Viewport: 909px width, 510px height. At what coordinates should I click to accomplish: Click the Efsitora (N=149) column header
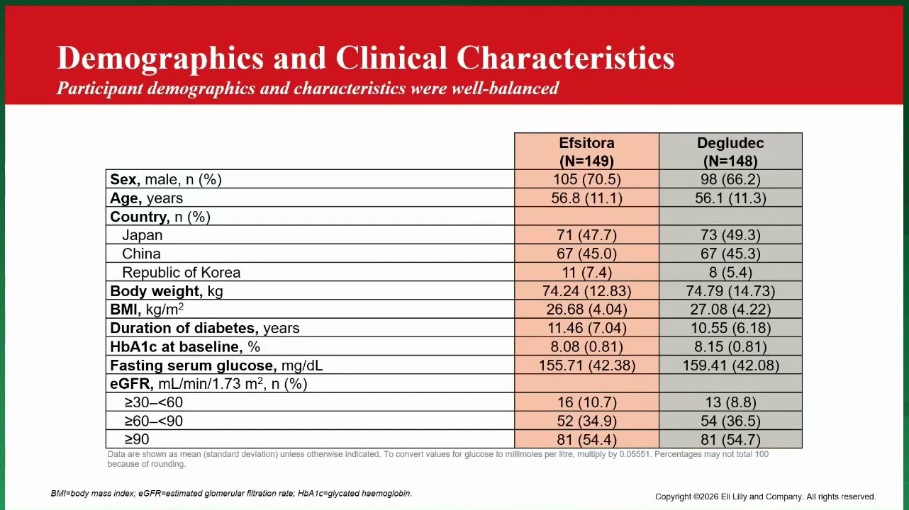click(x=586, y=152)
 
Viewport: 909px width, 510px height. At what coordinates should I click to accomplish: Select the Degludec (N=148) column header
click(x=730, y=152)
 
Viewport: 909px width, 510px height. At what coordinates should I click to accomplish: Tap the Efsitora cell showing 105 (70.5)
click(x=587, y=179)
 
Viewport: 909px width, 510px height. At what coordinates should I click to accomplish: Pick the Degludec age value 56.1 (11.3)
click(x=730, y=198)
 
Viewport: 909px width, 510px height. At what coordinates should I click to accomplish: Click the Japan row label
click(x=142, y=235)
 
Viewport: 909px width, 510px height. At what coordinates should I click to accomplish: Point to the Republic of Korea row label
click(x=181, y=273)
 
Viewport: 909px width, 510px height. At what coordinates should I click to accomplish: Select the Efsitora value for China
click(x=587, y=254)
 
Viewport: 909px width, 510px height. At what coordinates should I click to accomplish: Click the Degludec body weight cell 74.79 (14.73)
click(x=730, y=291)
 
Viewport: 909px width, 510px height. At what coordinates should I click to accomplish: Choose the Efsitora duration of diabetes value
click(x=587, y=328)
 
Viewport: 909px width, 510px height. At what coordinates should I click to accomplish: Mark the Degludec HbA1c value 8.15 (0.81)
click(x=730, y=347)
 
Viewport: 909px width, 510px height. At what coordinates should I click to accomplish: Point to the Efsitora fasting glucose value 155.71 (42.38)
click(x=587, y=365)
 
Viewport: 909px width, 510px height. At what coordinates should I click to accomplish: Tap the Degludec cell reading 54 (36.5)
click(x=730, y=421)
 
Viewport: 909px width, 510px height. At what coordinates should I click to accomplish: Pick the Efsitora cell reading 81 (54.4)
click(x=587, y=440)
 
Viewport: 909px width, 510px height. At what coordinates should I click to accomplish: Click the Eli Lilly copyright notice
click(x=765, y=497)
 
